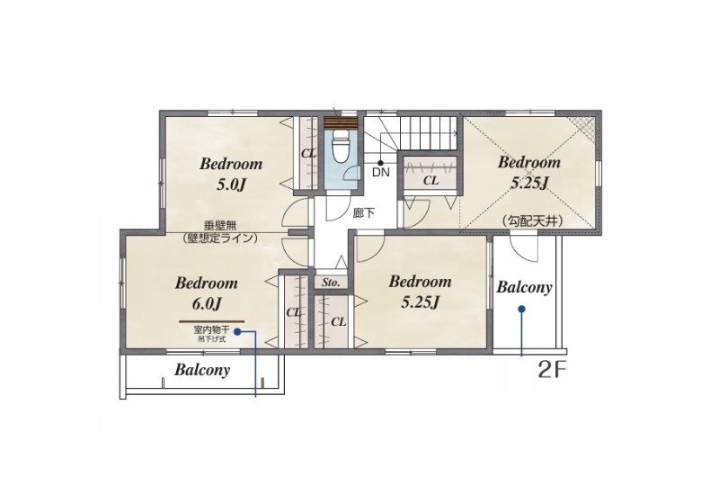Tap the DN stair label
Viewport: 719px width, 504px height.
(x=380, y=173)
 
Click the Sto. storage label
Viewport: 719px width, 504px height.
(x=331, y=283)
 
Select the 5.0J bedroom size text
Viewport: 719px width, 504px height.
(x=231, y=185)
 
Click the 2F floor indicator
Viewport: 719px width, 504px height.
(x=549, y=371)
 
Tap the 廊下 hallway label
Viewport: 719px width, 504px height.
(x=364, y=213)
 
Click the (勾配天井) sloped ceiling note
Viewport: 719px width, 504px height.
(x=532, y=221)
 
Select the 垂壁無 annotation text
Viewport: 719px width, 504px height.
(x=219, y=226)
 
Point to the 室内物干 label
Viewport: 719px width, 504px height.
(x=211, y=330)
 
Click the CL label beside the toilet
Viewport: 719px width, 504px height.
(x=308, y=154)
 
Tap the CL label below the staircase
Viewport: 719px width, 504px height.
(x=431, y=180)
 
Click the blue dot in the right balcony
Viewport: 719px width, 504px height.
(x=521, y=310)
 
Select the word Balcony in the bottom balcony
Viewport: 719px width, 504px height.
(x=202, y=370)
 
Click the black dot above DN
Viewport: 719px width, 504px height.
(x=380, y=163)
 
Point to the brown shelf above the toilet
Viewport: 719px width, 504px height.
(x=340, y=123)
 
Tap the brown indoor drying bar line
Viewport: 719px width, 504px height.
(x=211, y=321)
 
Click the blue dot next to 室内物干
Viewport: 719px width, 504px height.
(x=237, y=331)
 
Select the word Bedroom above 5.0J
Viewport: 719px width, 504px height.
(x=231, y=164)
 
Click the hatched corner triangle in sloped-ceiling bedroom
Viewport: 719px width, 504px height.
(x=586, y=125)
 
